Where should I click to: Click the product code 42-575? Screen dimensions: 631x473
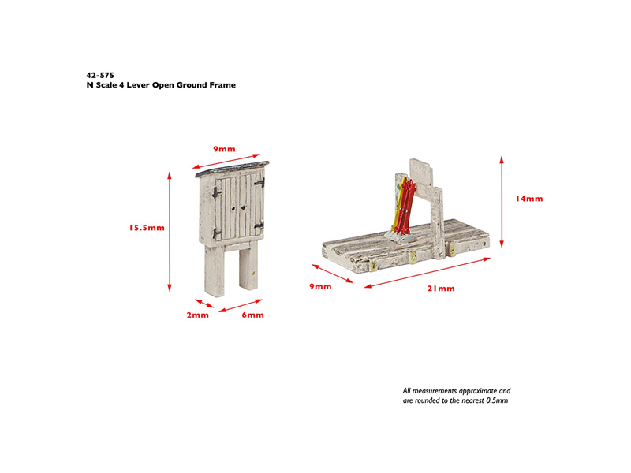100,75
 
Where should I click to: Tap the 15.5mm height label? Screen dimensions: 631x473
147,228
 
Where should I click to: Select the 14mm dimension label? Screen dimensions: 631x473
529,199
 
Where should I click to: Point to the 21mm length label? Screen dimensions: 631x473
441,289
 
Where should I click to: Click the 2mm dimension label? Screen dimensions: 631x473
198,315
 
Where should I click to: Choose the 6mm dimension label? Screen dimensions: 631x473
252,315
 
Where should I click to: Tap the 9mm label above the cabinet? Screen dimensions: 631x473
224,149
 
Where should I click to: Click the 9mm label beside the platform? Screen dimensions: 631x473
320,287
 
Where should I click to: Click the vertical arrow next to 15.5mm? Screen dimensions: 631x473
170,232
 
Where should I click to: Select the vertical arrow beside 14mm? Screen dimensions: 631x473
502,202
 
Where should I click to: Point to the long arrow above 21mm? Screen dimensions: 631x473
428,273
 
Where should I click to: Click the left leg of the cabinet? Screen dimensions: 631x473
214,270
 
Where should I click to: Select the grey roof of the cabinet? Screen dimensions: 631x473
232,169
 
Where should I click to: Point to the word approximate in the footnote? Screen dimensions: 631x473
478,391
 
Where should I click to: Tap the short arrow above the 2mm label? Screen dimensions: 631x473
204,304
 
